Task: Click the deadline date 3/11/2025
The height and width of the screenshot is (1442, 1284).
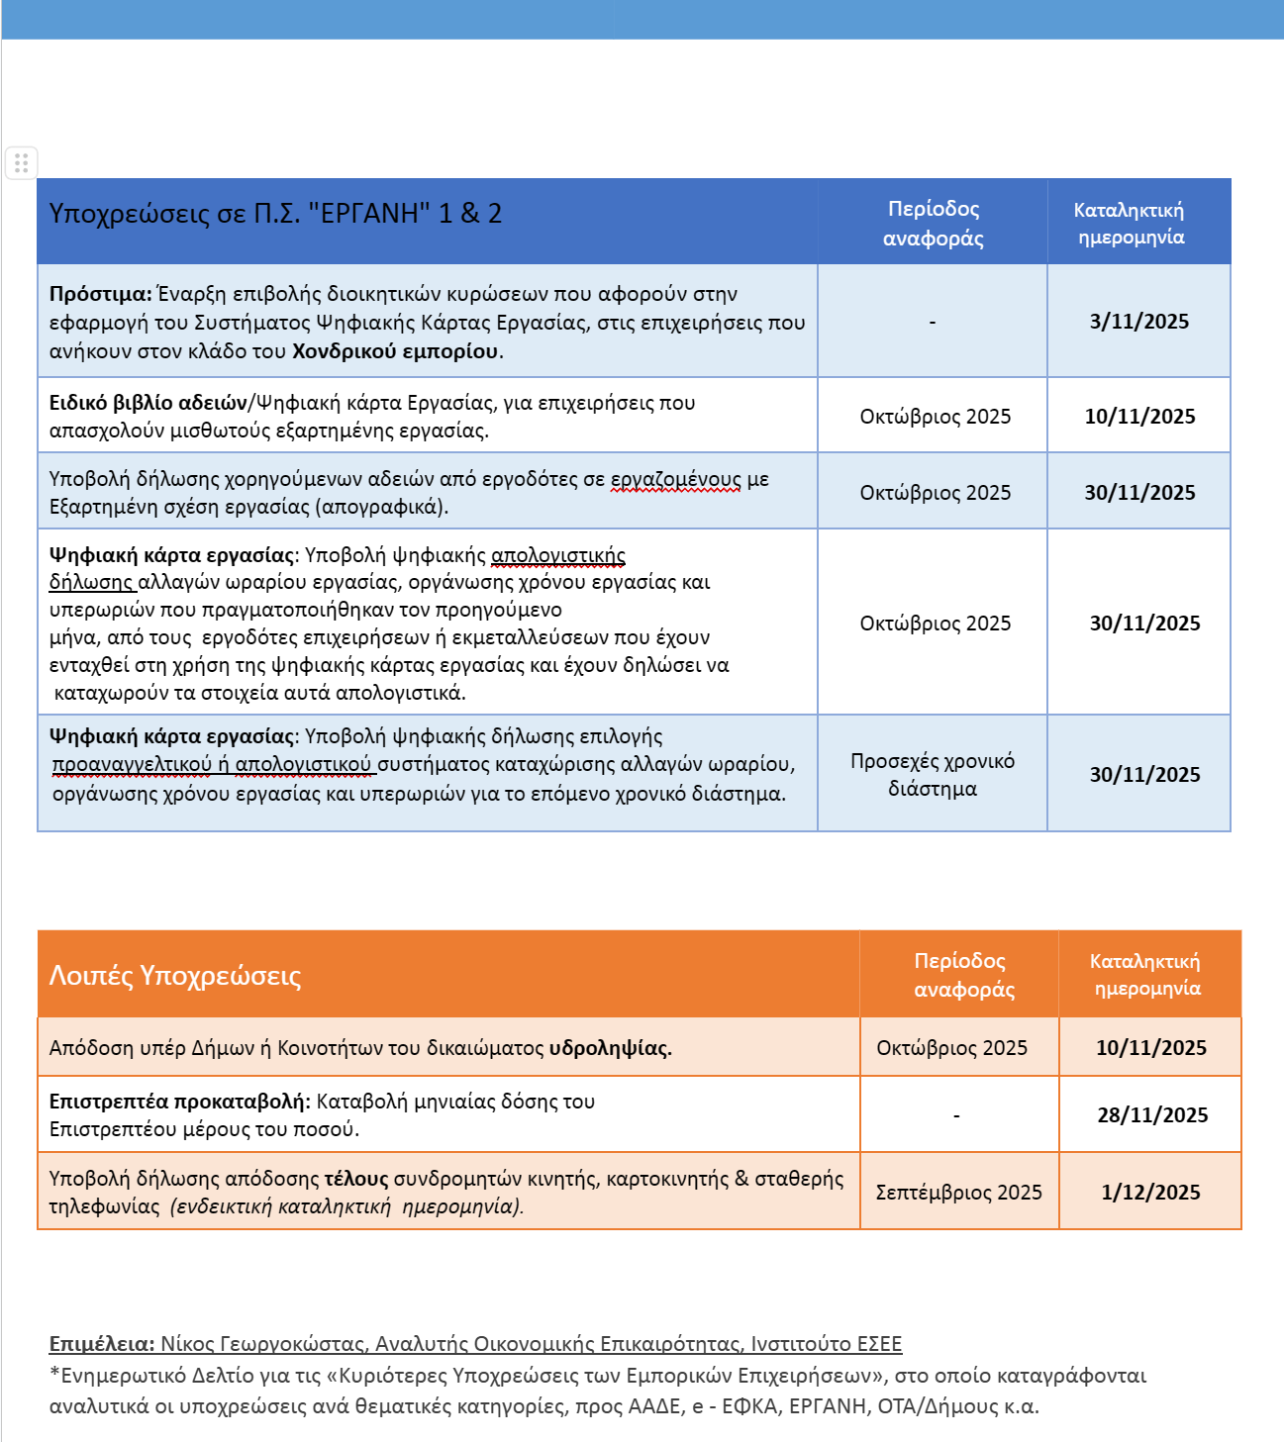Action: [1138, 322]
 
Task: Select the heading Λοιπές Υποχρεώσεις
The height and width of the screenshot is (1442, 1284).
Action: [175, 976]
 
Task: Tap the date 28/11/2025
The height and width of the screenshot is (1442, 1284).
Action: [1152, 1115]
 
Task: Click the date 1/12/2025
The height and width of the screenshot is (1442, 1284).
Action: [1150, 1193]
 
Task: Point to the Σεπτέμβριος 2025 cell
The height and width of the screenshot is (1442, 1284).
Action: [958, 1193]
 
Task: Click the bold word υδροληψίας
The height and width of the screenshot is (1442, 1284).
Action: [610, 1048]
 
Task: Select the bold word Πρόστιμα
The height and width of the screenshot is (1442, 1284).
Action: [100, 294]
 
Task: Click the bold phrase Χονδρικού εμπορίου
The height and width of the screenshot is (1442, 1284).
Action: [397, 351]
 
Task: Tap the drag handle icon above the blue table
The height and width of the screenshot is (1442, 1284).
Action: [22, 162]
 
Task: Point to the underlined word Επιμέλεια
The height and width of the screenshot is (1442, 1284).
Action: [101, 1344]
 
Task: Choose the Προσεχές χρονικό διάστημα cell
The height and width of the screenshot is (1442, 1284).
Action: [933, 775]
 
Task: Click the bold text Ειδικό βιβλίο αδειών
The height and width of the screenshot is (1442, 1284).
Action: [148, 403]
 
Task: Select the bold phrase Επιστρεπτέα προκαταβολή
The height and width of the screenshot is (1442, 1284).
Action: [179, 1102]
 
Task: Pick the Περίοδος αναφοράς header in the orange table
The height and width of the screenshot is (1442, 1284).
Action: [963, 975]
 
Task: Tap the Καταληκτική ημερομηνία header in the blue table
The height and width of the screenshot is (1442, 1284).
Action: [1130, 223]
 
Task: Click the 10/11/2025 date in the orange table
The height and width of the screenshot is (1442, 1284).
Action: [1150, 1048]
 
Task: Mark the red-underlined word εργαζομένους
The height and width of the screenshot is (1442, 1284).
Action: [674, 480]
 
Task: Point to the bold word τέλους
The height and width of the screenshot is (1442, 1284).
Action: [356, 1179]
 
